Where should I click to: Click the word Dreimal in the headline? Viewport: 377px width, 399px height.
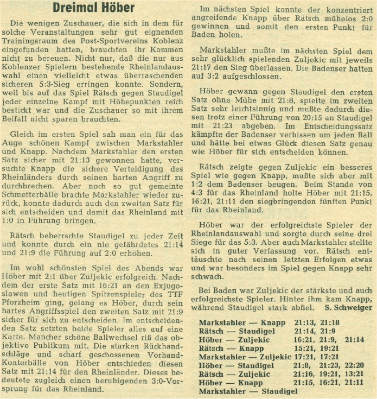(75, 8)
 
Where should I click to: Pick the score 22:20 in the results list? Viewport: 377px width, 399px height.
(353, 365)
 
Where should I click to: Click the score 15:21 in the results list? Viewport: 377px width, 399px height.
(305, 348)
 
